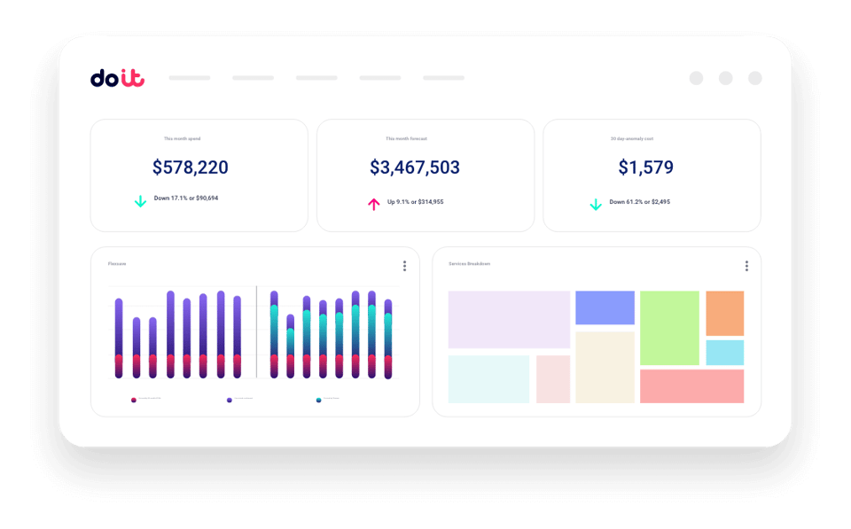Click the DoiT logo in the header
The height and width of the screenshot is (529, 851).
click(117, 78)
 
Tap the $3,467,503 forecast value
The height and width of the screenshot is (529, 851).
click(415, 167)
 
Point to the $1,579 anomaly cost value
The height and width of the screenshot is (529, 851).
click(645, 167)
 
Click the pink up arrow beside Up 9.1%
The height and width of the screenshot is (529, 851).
click(373, 204)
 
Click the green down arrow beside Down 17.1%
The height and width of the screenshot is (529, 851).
click(140, 201)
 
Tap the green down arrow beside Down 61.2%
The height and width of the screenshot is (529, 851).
click(596, 204)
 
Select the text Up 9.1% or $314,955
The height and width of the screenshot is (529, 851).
click(415, 202)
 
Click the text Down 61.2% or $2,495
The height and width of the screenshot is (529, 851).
click(639, 202)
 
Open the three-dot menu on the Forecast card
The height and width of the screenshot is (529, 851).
click(404, 266)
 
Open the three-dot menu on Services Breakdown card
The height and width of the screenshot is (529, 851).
click(746, 266)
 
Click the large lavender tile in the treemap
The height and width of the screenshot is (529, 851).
click(509, 319)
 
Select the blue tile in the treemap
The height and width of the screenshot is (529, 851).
click(605, 307)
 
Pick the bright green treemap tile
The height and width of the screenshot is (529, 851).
click(669, 327)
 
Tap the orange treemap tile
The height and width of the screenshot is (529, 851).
click(724, 313)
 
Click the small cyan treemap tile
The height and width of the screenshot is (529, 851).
click(724, 353)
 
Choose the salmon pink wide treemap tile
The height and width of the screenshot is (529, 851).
click(691, 386)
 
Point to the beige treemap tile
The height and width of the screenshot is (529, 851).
click(605, 367)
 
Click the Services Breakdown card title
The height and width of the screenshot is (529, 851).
click(469, 264)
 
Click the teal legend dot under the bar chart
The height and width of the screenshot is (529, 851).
click(319, 400)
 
